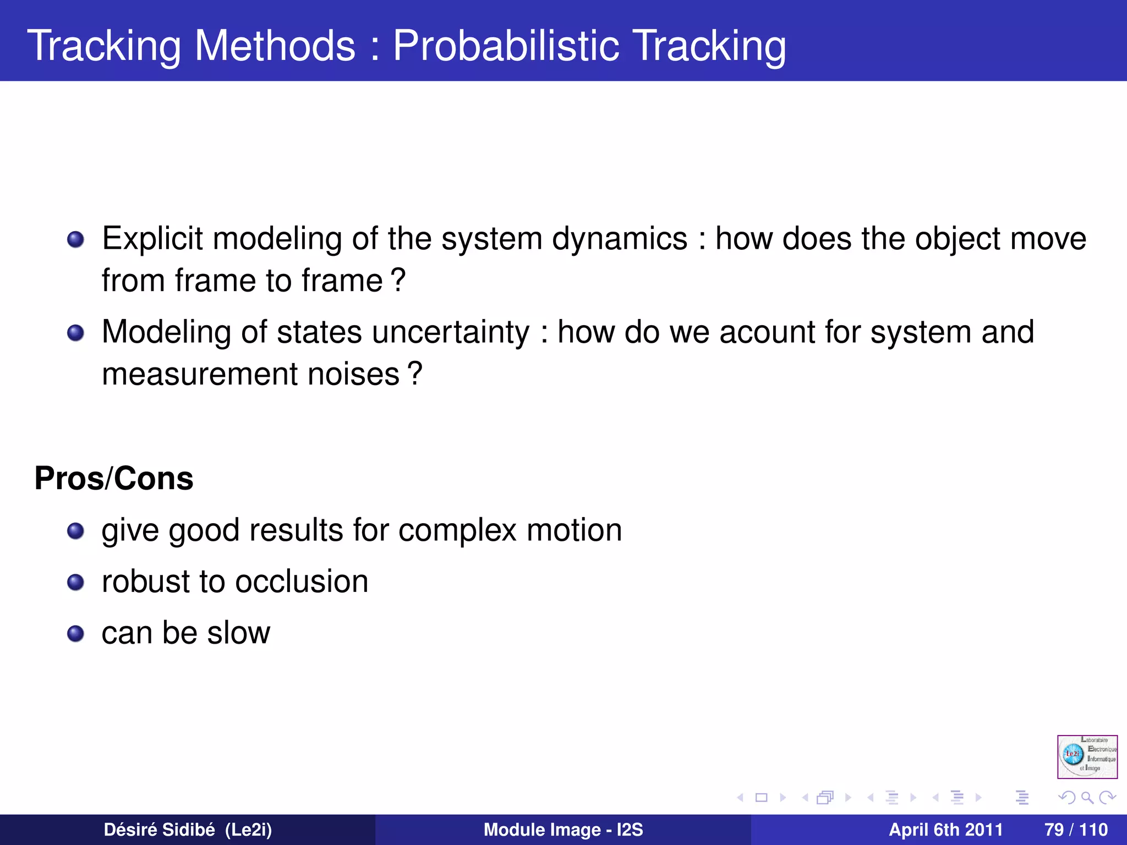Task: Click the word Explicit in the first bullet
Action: coord(152,239)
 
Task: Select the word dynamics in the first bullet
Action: coord(620,239)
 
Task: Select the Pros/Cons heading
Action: coord(114,478)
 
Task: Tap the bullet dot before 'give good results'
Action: coord(75,531)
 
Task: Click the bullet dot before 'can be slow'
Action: coord(75,634)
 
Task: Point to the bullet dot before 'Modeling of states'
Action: coord(75,333)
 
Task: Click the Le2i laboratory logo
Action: coord(1087,756)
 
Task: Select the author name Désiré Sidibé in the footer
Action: coord(159,830)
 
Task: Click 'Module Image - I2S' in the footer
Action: coord(563,830)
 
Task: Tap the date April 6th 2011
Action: coord(945,830)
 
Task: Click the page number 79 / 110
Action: coord(1076,830)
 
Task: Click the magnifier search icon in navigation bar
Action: coord(1087,797)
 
